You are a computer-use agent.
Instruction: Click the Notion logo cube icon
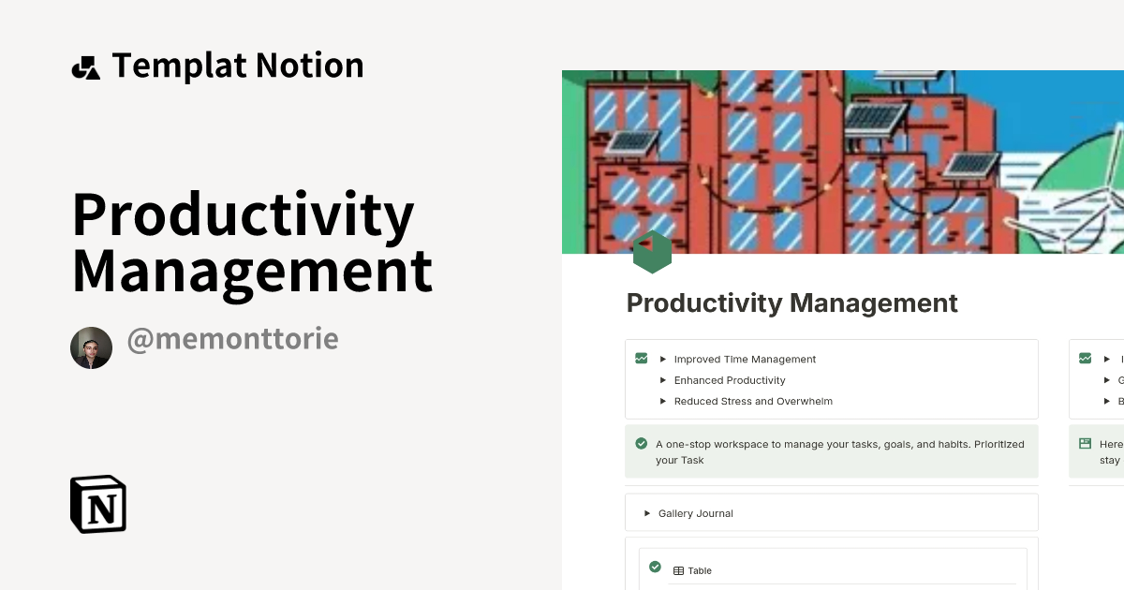[x=98, y=504]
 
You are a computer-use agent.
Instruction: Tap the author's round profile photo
[x=91, y=348]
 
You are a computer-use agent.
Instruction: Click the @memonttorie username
[x=232, y=339]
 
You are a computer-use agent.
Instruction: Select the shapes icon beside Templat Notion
[x=85, y=67]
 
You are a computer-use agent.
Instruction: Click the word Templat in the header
[x=178, y=66]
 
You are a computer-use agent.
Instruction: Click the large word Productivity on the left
[x=243, y=214]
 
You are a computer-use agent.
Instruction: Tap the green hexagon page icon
[x=652, y=252]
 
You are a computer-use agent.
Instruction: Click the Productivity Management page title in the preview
[x=791, y=303]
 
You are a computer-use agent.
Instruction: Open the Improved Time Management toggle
[x=745, y=360]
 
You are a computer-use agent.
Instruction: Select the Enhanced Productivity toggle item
[x=730, y=380]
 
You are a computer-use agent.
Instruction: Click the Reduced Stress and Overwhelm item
[x=753, y=401]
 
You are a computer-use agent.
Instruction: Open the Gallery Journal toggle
[x=695, y=513]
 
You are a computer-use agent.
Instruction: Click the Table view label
[x=699, y=570]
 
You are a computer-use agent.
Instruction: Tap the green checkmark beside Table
[x=655, y=567]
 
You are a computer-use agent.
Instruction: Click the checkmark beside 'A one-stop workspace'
[x=641, y=444]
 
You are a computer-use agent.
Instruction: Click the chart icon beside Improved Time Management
[x=641, y=358]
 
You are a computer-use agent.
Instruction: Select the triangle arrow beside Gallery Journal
[x=646, y=513]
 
